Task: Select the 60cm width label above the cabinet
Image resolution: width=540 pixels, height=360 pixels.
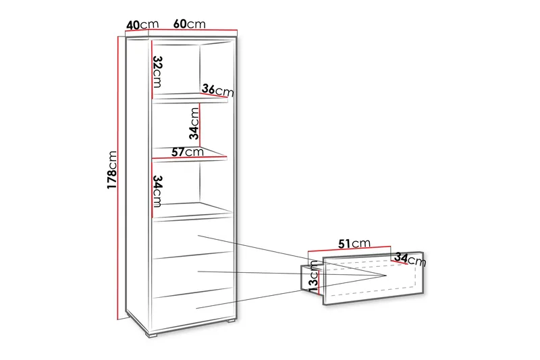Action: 189,23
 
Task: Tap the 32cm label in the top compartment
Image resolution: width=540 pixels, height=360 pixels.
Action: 157,72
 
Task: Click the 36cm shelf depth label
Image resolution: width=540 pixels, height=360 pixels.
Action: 217,90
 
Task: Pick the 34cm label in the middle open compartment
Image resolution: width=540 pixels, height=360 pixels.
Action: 193,122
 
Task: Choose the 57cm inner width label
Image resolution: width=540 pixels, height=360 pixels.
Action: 187,153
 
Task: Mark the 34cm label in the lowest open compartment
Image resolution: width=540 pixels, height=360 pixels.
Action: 157,191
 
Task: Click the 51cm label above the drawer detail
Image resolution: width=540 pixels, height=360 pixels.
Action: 354,243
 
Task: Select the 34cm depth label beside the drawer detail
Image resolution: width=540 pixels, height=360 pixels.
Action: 410,259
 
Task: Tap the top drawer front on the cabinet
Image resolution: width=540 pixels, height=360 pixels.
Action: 193,240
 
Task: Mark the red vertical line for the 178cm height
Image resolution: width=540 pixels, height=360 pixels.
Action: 119,176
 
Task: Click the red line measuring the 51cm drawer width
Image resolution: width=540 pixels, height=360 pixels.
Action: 351,251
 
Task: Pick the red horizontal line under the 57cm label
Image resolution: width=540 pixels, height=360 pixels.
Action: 190,159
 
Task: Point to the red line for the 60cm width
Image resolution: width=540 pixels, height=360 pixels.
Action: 193,30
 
